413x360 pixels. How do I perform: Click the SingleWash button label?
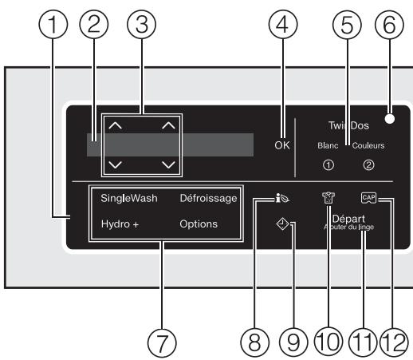(x=129, y=197)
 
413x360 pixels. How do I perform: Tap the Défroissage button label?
(x=208, y=197)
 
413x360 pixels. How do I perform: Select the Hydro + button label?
(x=120, y=224)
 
